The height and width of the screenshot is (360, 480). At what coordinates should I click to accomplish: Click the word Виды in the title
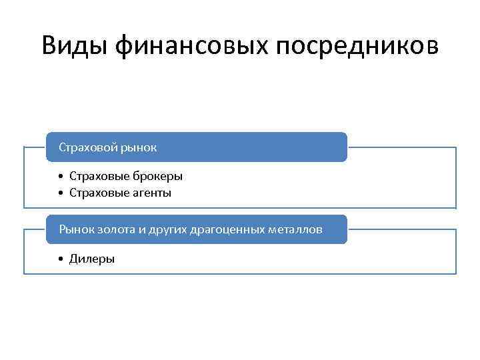[x=75, y=45]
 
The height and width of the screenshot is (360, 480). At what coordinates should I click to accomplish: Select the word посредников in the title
[x=356, y=45]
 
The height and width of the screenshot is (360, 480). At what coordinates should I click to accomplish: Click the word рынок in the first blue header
[x=139, y=147]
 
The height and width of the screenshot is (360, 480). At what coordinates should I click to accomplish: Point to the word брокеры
[x=158, y=177]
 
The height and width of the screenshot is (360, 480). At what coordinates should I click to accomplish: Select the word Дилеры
[x=92, y=259]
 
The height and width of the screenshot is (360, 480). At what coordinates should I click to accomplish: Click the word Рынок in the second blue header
[x=77, y=229]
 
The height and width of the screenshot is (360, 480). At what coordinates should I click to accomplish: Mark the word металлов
[x=297, y=229]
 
